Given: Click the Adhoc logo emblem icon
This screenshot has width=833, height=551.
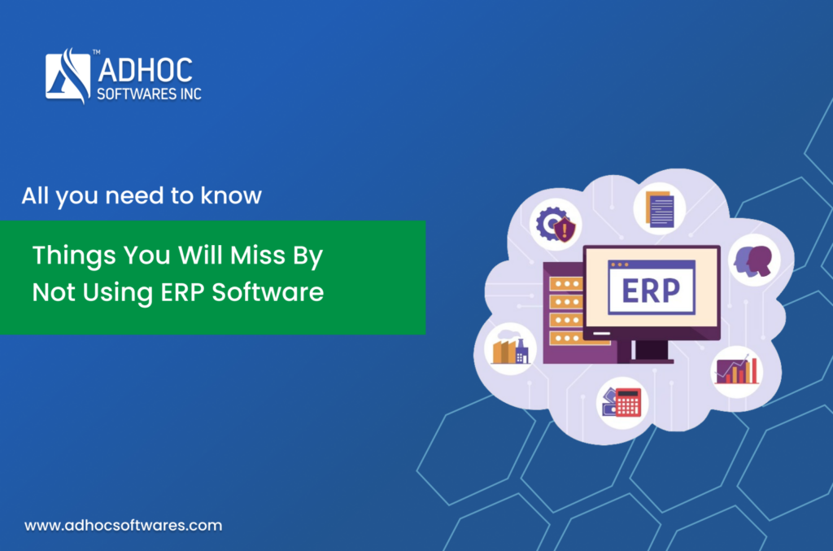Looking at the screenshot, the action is (x=68, y=76).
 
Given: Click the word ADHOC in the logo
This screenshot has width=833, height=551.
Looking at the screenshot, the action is (x=145, y=70).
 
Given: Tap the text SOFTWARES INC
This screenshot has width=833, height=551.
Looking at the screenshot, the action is (x=150, y=94).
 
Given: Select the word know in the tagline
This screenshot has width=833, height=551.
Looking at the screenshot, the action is (x=231, y=195).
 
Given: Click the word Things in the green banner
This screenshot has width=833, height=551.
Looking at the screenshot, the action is (x=74, y=256).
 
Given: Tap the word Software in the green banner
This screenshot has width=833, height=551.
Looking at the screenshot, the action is (x=268, y=291).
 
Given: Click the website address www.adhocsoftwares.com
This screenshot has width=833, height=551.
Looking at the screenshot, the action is (x=124, y=526).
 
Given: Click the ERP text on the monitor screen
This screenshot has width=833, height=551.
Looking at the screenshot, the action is (x=651, y=291).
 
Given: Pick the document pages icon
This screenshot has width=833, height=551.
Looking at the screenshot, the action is (x=660, y=209).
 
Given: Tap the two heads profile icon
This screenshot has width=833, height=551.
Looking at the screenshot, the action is (x=753, y=261).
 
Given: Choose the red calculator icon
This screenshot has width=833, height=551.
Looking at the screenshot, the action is (x=622, y=402).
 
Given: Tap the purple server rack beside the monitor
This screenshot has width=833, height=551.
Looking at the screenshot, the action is (x=565, y=313).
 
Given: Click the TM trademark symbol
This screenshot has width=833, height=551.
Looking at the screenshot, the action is (x=96, y=52).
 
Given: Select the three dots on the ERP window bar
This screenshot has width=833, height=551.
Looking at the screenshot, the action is (x=619, y=265).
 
